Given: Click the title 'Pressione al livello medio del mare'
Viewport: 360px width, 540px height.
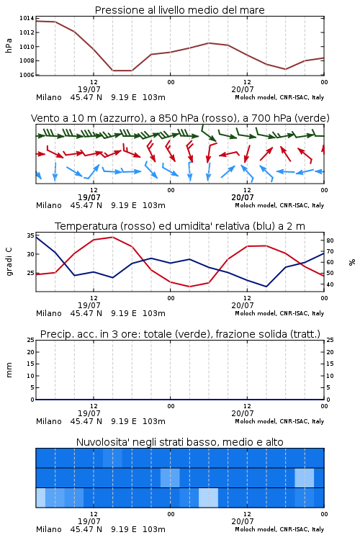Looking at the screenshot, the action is (x=179, y=10).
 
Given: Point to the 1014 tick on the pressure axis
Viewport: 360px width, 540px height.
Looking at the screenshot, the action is (x=27, y=18).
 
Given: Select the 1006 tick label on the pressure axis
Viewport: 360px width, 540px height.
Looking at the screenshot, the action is (x=27, y=75).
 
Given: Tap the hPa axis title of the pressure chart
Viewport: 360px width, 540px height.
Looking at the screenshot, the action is (x=9, y=46).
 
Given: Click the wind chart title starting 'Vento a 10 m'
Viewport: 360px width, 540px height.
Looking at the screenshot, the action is (x=180, y=118).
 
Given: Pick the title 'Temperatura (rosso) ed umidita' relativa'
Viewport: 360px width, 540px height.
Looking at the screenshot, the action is (x=180, y=226).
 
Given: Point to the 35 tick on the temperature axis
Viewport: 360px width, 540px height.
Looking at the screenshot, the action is (x=31, y=235).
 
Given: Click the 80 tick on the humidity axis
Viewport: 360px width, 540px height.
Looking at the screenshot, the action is (x=330, y=240).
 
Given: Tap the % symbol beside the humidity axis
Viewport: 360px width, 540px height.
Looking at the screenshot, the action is (x=352, y=262).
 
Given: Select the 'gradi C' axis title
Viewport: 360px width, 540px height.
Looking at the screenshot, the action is (x=9, y=262).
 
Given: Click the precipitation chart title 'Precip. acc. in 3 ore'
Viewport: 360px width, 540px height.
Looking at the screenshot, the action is (x=180, y=334).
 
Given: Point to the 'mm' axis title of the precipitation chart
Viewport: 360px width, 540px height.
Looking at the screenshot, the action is (x=9, y=370).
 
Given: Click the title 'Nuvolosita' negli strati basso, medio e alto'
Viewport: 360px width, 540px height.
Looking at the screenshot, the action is (x=180, y=442).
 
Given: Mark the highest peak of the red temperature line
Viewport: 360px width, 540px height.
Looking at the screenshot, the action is (x=112, y=237).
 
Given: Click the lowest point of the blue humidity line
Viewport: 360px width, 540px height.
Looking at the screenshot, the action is (x=266, y=287).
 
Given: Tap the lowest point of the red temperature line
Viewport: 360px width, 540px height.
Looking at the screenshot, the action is (x=190, y=287).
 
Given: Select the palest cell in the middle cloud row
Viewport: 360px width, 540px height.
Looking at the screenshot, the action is (x=304, y=477).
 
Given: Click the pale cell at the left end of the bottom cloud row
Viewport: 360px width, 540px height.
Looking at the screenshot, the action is (x=40, y=498).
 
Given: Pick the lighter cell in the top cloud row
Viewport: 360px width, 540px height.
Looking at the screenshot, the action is (x=112, y=458).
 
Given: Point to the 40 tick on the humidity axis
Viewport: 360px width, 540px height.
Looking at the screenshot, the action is (x=330, y=284).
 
